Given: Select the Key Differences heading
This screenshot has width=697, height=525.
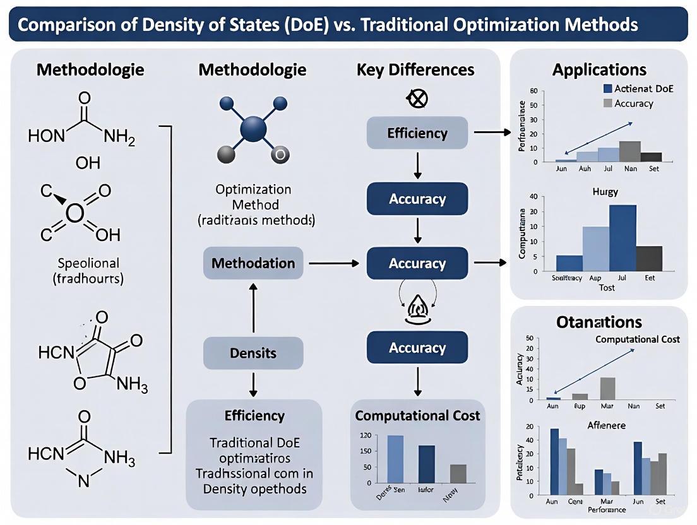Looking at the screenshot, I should click(415, 69).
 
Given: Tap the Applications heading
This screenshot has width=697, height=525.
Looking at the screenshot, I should click(599, 69).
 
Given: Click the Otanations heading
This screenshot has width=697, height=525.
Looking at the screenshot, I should click(599, 322).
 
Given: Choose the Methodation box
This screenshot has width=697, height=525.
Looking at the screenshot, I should click(253, 263).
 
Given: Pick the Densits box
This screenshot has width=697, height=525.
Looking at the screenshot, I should click(253, 353).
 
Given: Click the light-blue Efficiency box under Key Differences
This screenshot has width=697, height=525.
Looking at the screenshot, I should click(417, 133).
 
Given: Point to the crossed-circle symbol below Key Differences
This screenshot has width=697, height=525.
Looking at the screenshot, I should click(417, 98).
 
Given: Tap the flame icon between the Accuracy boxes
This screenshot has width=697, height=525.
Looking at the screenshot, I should click(417, 309).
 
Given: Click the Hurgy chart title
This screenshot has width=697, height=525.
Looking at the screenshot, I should click(605, 192).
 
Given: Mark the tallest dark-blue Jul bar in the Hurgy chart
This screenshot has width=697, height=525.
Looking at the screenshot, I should click(623, 238).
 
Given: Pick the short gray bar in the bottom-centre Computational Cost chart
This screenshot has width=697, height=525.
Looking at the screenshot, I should click(458, 473).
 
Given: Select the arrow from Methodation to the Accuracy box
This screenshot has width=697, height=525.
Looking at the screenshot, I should click(335, 263).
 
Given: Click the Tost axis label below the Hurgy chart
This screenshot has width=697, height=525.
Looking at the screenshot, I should click(606, 287).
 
